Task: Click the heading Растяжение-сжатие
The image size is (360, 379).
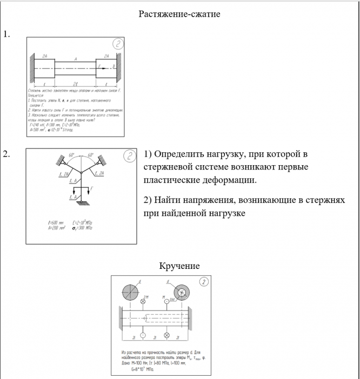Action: [179, 14]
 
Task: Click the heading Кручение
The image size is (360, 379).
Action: [179, 266]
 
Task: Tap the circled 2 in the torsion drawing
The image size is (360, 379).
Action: [203, 282]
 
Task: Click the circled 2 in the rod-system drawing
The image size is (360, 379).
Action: [130, 157]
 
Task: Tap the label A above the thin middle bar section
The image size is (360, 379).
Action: [75, 58]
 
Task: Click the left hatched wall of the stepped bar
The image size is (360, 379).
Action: [32, 68]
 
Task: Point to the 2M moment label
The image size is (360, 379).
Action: [146, 298]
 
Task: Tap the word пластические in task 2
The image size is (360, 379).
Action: [172, 179]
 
